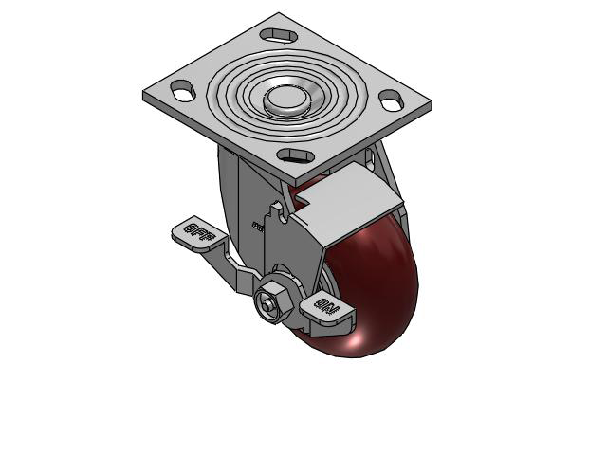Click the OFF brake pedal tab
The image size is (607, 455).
194,231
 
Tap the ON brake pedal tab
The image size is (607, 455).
325,307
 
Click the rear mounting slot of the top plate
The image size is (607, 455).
279,34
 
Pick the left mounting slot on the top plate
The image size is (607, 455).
182,92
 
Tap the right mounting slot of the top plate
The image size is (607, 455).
391,98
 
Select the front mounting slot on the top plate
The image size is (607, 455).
296,155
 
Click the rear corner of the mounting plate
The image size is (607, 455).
279,15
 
